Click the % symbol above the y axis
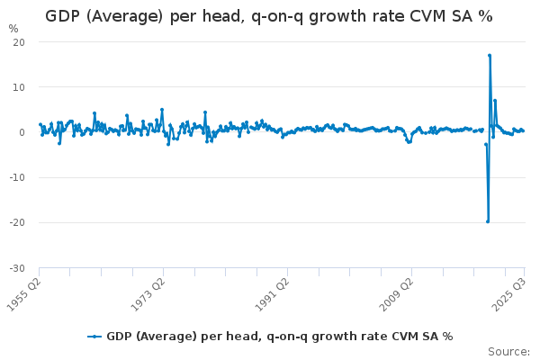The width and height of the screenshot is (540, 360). [x=13, y=29]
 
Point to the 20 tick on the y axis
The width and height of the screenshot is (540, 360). [x=19, y=42]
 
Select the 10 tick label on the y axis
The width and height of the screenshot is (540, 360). [x=19, y=87]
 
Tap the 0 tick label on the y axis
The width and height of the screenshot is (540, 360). [x=22, y=132]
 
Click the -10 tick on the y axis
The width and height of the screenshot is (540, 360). [x=17, y=177]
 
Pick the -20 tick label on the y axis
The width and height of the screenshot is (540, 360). [x=17, y=222]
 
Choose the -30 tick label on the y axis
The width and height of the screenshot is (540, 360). [x=17, y=267]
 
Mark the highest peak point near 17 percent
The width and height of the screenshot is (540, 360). [x=490, y=56]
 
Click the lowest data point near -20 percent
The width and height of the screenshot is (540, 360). [x=488, y=221]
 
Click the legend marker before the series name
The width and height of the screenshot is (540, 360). [x=94, y=337]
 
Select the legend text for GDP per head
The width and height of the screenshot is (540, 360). [x=279, y=337]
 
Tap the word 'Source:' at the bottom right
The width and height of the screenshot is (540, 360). [x=508, y=351]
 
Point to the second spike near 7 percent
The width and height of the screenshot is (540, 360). [x=495, y=101]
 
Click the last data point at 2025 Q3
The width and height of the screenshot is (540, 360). [x=523, y=130]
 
